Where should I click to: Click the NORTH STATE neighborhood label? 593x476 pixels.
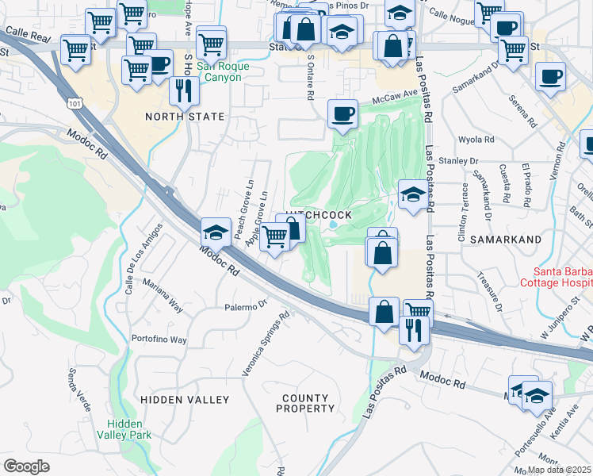[x=185, y=117]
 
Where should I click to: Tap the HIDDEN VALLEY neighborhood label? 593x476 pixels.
[x=185, y=400]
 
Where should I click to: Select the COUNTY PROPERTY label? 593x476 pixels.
[x=305, y=403]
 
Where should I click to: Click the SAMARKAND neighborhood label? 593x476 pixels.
[x=505, y=239]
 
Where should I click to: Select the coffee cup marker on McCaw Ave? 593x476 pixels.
[x=342, y=114]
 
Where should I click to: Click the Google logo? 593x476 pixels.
[x=26, y=466]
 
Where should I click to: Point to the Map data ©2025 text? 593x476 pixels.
[x=560, y=470]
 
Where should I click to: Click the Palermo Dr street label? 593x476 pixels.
[x=248, y=306]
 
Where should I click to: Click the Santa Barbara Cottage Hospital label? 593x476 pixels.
[x=555, y=277]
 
